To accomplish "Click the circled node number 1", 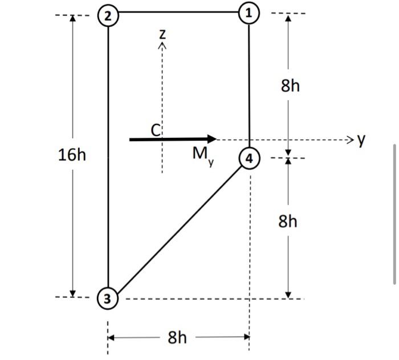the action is tap(249, 13).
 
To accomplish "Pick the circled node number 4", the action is tap(248, 158).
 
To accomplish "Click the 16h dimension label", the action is tap(72, 154).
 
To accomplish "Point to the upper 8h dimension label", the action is tap(290, 86).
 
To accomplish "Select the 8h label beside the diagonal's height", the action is tap(288, 221).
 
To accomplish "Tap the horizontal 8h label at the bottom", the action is tap(177, 338).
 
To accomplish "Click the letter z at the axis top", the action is tap(162, 34).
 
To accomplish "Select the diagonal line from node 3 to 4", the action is tap(178, 228).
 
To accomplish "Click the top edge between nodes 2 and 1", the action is tap(178, 12).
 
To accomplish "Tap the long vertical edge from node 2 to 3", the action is tap(108, 154).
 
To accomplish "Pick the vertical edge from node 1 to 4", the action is tap(249, 85).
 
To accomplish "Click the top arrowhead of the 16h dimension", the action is tap(72, 18).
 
